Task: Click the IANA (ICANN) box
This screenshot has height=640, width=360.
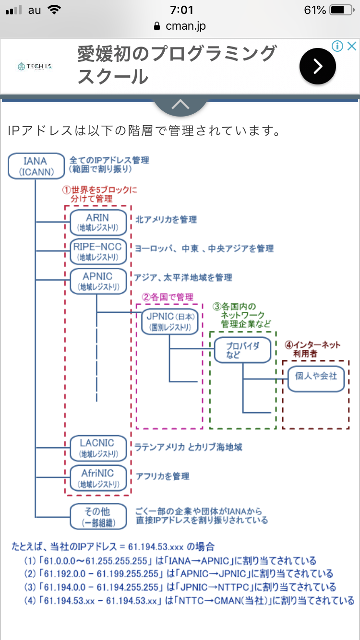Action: click(36, 166)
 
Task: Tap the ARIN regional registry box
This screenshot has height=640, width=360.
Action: click(98, 222)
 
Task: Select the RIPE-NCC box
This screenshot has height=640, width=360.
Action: click(98, 251)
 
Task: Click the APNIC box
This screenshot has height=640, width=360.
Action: click(98, 281)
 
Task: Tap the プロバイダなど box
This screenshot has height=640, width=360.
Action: click(242, 350)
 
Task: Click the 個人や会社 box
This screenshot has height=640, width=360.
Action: click(315, 379)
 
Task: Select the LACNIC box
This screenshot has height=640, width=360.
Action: click(98, 448)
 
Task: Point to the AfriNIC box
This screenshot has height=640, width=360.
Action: click(98, 478)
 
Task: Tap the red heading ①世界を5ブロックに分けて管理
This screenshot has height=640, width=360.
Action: click(100, 193)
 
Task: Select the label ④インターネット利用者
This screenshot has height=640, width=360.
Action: click(312, 349)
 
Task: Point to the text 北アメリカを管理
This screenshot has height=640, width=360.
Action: click(166, 219)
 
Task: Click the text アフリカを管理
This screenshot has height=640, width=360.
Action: click(162, 476)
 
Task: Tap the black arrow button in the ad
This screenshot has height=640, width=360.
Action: click(318, 67)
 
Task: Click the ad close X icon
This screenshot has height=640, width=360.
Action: click(352, 46)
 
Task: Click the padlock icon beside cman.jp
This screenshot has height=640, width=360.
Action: click(156, 26)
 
